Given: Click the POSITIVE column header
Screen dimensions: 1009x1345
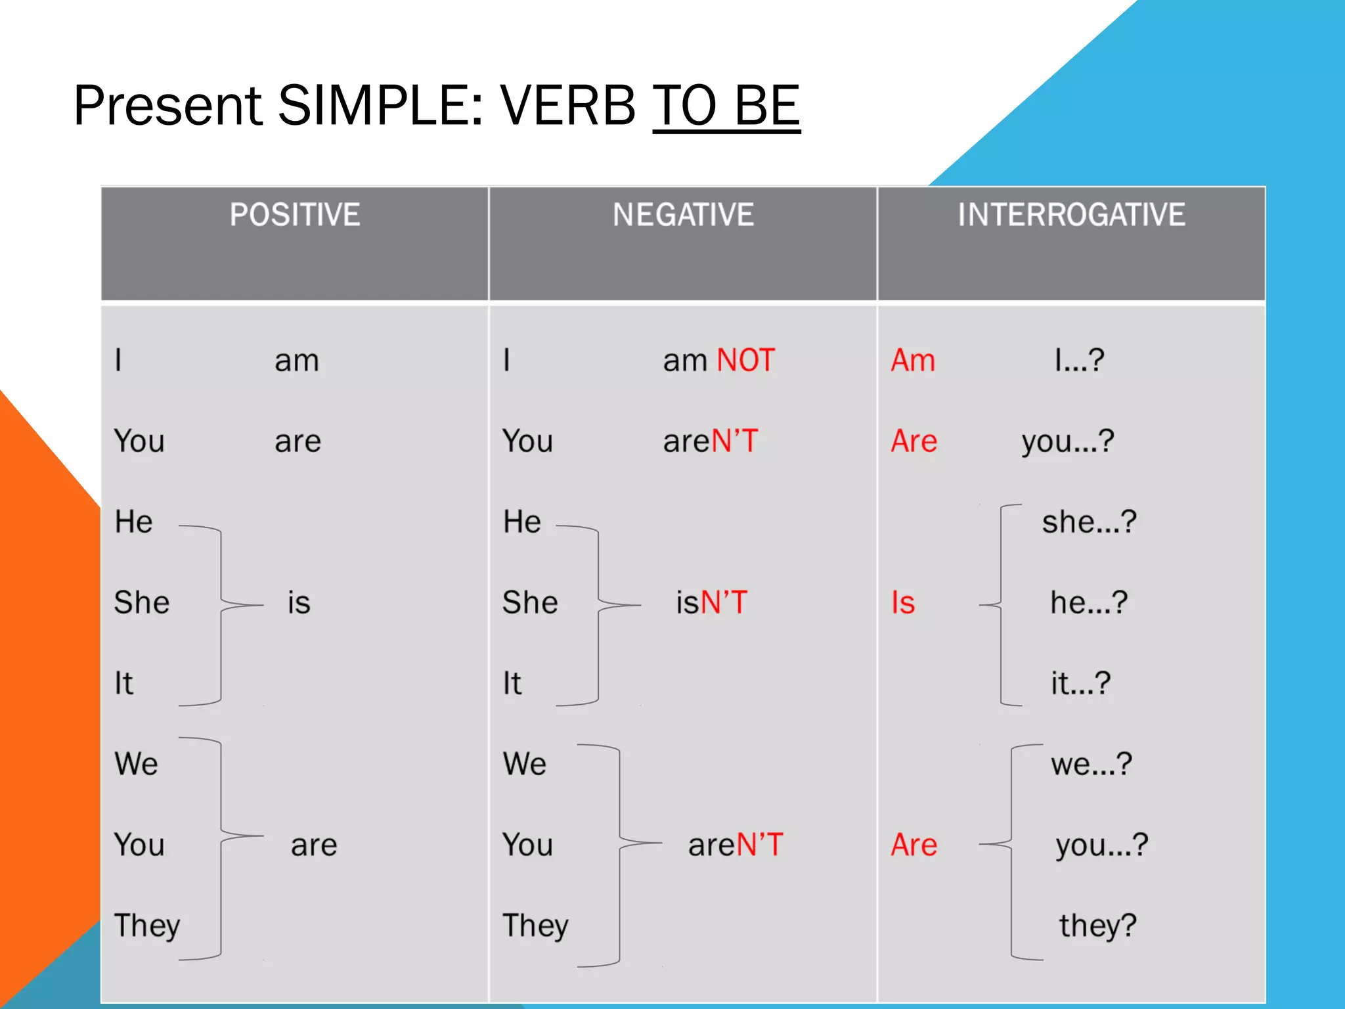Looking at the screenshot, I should coord(295,215).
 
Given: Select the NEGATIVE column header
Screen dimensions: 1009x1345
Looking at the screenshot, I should coord(683,215).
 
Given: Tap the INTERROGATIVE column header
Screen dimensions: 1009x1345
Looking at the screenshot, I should coord(1071,215).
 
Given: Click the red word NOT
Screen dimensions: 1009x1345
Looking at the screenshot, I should coord(745,361).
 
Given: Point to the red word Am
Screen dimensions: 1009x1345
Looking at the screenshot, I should coord(913,361).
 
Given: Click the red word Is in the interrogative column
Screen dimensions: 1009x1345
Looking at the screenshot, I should coord(903,602).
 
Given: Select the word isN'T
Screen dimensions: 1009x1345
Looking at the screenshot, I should coord(712,602).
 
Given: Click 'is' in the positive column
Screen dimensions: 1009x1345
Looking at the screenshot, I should coord(299,602).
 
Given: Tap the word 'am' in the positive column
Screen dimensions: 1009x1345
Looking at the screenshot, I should coord(297,361).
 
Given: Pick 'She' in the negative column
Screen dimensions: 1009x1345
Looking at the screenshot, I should coord(530,602).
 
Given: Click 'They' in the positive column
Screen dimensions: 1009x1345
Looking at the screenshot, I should coord(147,926).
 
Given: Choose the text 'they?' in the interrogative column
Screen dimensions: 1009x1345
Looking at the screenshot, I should coord(1097,926).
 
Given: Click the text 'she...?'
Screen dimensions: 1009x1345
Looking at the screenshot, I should coord(1089,522).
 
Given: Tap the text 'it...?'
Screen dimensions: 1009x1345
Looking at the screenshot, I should coord(1080,683).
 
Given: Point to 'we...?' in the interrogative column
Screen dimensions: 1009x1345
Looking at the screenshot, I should coord(1091,764).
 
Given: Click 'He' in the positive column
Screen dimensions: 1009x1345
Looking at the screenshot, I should coord(133,522).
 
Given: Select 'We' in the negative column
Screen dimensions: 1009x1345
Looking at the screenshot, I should coord(524,764).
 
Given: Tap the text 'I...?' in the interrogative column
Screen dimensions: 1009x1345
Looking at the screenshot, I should coord(1079,361).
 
